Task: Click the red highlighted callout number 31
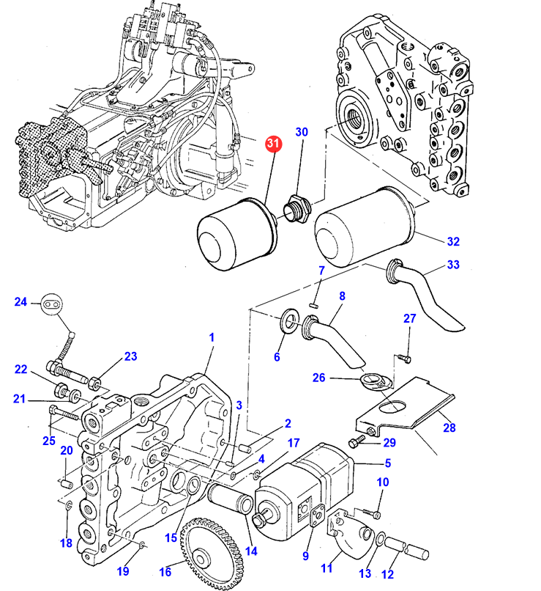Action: point(274,144)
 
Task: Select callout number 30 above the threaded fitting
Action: point(302,132)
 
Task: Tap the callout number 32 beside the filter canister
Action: point(453,241)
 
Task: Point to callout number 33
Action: point(453,265)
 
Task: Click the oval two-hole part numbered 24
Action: point(51,302)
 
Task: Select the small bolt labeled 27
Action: point(403,359)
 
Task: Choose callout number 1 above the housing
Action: point(212,337)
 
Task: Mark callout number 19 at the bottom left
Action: point(124,571)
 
